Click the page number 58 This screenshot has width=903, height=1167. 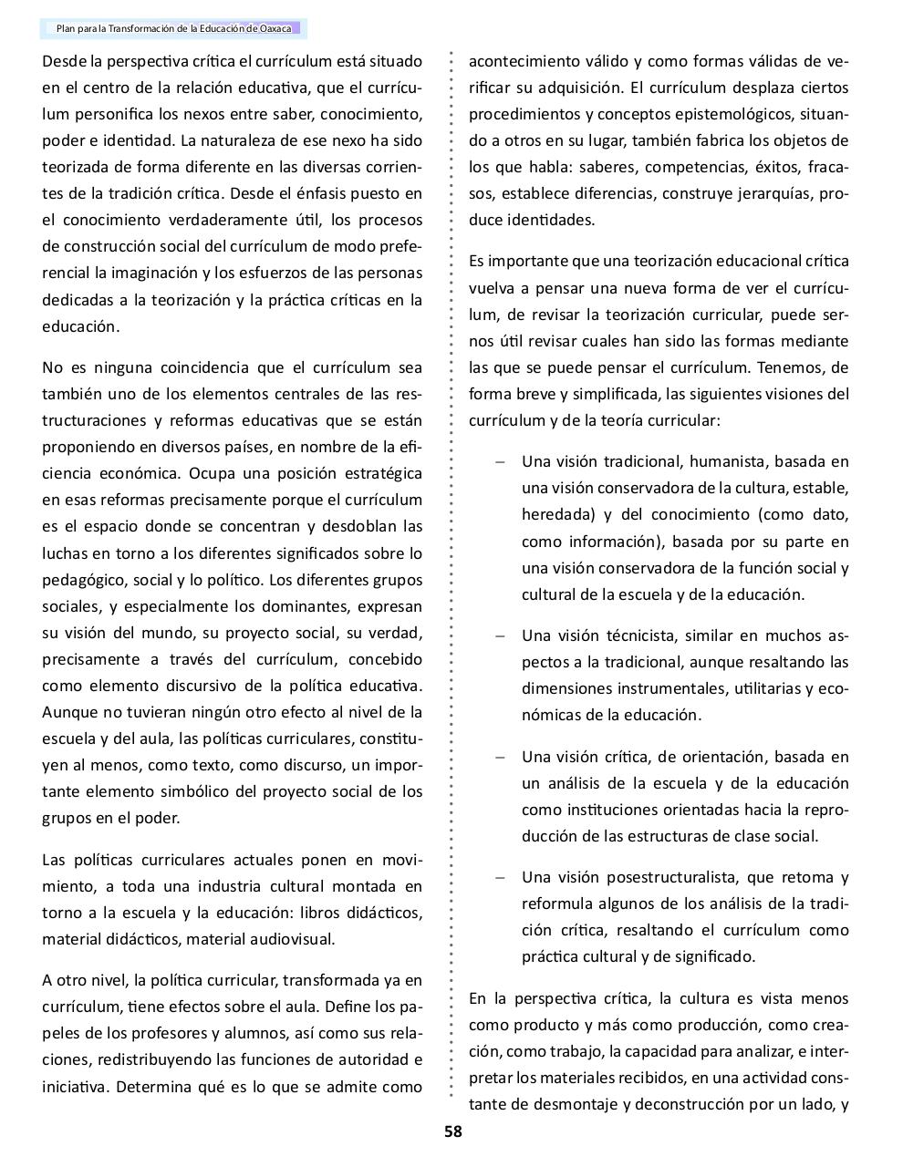click(452, 1131)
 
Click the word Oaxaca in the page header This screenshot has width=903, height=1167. click(275, 29)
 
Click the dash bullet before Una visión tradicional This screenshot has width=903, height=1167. click(499, 461)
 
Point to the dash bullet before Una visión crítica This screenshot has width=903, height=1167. click(499, 757)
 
